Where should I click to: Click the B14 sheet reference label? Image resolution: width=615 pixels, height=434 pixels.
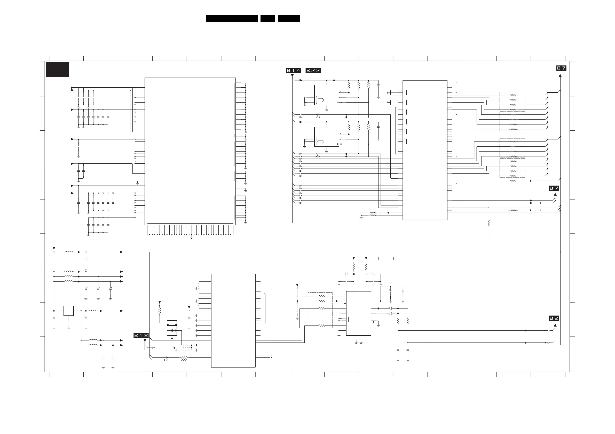pyautogui.click(x=294, y=71)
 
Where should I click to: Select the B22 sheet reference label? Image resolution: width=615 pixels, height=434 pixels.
pyautogui.click(x=313, y=71)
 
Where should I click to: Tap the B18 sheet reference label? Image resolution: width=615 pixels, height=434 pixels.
pyautogui.click(x=141, y=335)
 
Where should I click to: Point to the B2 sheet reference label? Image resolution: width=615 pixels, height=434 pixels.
pyautogui.click(x=554, y=318)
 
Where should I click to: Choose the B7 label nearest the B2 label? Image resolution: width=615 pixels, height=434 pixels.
pyautogui.click(x=554, y=188)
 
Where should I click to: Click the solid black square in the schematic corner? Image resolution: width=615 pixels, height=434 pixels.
pyautogui.click(x=57, y=70)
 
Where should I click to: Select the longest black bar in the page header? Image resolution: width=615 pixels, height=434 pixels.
pyautogui.click(x=232, y=18)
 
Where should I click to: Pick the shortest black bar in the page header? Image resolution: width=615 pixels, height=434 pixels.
pyautogui.click(x=268, y=18)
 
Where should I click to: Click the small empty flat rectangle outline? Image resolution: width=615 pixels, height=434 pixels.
pyautogui.click(x=386, y=258)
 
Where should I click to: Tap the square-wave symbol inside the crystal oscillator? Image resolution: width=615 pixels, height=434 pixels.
pyautogui.click(x=172, y=331)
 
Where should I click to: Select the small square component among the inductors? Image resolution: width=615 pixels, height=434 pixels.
pyautogui.click(x=69, y=311)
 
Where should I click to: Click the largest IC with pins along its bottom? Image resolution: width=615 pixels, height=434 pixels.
pyautogui.click(x=190, y=151)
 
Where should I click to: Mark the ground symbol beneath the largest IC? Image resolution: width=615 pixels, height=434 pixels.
pyautogui.click(x=192, y=237)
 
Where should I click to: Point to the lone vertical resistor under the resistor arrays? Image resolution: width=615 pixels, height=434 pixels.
pyautogui.click(x=489, y=222)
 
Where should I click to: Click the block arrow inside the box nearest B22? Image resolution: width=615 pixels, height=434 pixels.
pyautogui.click(x=321, y=100)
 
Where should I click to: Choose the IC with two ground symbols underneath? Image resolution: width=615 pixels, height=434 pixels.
pyautogui.click(x=359, y=313)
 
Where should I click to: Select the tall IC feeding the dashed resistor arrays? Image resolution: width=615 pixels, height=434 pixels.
pyautogui.click(x=425, y=150)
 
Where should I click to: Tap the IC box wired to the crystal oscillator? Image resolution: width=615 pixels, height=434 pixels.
pyautogui.click(x=233, y=321)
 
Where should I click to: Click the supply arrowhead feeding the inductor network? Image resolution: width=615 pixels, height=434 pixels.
pyautogui.click(x=54, y=248)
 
